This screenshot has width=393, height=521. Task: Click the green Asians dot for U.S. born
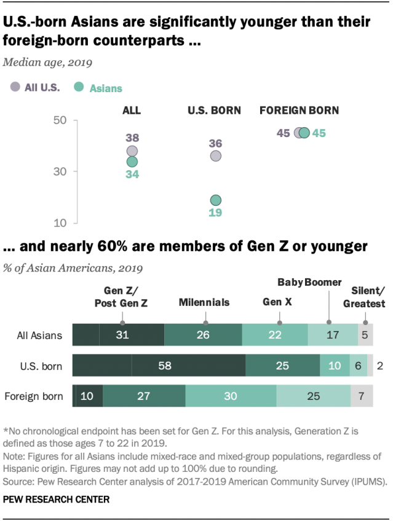click(215, 200)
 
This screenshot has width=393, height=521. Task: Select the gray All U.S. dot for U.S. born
click(215, 156)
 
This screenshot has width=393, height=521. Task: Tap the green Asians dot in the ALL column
click(132, 162)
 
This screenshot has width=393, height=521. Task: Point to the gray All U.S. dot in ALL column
click(132, 151)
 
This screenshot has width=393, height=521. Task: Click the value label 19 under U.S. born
click(215, 213)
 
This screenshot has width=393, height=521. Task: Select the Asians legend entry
click(98, 88)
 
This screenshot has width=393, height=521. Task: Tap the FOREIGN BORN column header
click(299, 111)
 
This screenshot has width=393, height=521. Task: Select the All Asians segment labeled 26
click(204, 335)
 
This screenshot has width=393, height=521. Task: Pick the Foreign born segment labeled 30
click(231, 396)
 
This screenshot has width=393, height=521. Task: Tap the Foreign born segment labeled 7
click(362, 396)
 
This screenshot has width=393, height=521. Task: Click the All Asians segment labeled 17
click(333, 335)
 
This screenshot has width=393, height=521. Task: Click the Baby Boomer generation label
click(309, 282)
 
